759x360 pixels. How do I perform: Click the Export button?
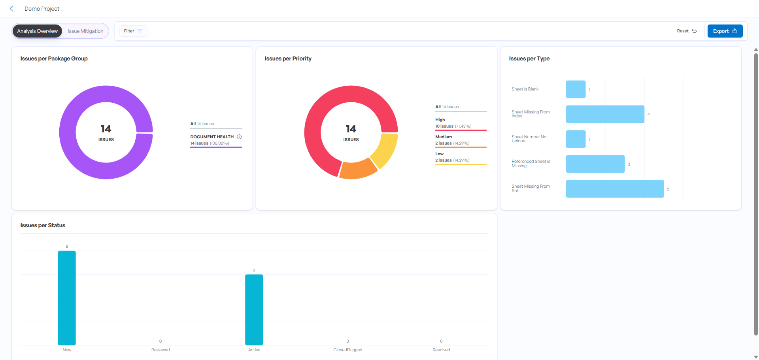pos(725,31)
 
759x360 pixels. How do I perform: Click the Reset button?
pos(687,31)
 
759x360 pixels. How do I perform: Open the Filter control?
pos(133,31)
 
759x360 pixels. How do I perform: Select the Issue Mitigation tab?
pos(85,31)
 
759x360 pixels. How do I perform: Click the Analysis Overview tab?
pos(37,31)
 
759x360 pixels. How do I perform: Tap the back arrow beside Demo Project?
pos(11,9)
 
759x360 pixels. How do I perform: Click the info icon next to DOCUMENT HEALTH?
pos(239,137)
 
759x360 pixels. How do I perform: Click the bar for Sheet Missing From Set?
pos(615,189)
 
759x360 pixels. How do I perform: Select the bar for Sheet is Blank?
pos(576,89)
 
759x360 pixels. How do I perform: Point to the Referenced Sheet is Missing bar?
pos(595,164)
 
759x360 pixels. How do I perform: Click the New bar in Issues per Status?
pos(67,298)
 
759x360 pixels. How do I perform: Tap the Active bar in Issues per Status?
pos(254,310)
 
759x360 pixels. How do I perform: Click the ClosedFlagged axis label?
pos(347,350)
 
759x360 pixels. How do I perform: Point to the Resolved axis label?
pos(441,350)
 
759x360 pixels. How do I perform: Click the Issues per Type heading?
pos(529,58)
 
